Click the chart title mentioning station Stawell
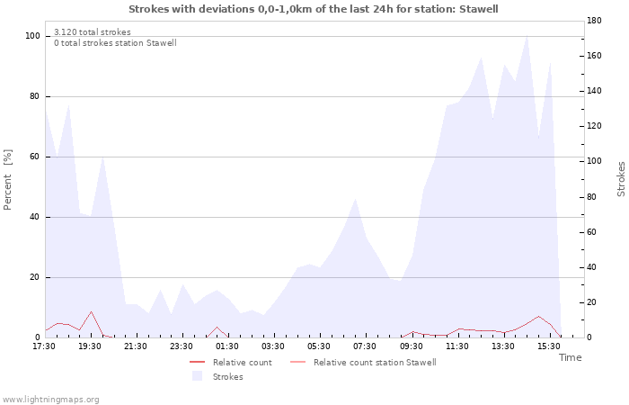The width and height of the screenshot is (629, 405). coord(314,9)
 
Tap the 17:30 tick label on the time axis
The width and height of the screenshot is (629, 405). coord(44,346)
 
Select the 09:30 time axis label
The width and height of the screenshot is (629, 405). coord(412,346)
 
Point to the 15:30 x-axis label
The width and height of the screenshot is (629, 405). coord(549,346)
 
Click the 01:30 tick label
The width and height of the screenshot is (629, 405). coord(227,346)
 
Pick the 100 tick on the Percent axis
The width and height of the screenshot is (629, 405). coord(33,36)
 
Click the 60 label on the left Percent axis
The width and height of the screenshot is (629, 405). coord(34,157)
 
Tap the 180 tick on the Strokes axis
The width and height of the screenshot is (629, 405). coord(594,21)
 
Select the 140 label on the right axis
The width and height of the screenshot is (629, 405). coord(594,91)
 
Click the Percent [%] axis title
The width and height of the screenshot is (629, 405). coord(7,180)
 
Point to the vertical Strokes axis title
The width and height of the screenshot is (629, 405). coord(621,179)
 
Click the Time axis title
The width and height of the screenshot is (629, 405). coord(570,357)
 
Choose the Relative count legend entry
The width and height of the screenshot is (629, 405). coord(231,363)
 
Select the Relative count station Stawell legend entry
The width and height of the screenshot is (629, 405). coord(363,363)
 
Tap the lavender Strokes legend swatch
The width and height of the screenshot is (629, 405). coord(197,376)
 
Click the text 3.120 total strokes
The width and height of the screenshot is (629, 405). coord(93,32)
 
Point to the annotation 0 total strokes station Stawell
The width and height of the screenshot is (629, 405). coord(115,43)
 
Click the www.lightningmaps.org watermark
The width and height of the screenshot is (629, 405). coord(49,400)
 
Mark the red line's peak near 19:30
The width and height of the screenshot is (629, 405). coord(91,311)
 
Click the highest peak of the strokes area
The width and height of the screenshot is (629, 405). coord(527,36)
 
